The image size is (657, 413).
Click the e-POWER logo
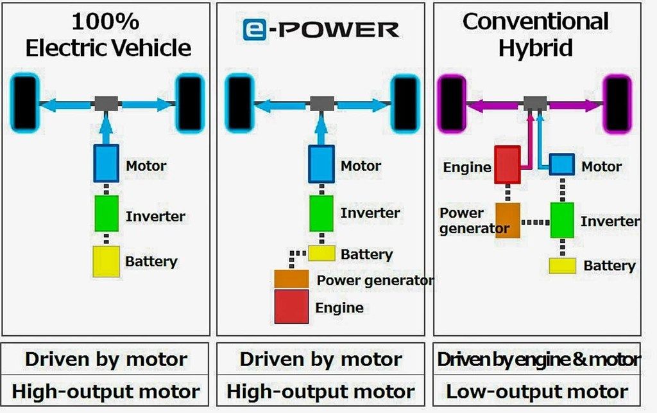tap(320, 29)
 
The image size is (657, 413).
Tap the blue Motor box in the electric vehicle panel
tap(107, 163)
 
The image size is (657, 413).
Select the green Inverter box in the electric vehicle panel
tap(107, 213)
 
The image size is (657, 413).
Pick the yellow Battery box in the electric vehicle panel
tap(107, 261)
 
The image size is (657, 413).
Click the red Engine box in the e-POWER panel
tap(292, 306)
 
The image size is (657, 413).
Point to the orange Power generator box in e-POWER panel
tap(292, 279)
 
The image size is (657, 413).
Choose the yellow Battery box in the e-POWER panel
tap(321, 252)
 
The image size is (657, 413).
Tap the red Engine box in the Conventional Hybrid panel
tap(507, 164)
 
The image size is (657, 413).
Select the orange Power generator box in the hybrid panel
tap(507, 220)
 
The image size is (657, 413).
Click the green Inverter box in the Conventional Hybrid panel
tap(562, 220)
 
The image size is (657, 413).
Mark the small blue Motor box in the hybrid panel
tap(561, 165)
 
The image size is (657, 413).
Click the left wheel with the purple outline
tap(451, 103)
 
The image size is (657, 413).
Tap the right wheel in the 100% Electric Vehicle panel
tap(190, 103)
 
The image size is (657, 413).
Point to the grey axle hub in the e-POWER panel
tap(321, 103)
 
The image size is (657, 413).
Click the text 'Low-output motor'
tap(537, 392)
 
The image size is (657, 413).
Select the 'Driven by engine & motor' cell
tap(537, 360)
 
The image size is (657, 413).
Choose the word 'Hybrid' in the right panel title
tap(536, 47)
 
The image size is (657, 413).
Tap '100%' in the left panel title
tap(106, 21)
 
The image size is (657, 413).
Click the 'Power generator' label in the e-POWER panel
tap(375, 280)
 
